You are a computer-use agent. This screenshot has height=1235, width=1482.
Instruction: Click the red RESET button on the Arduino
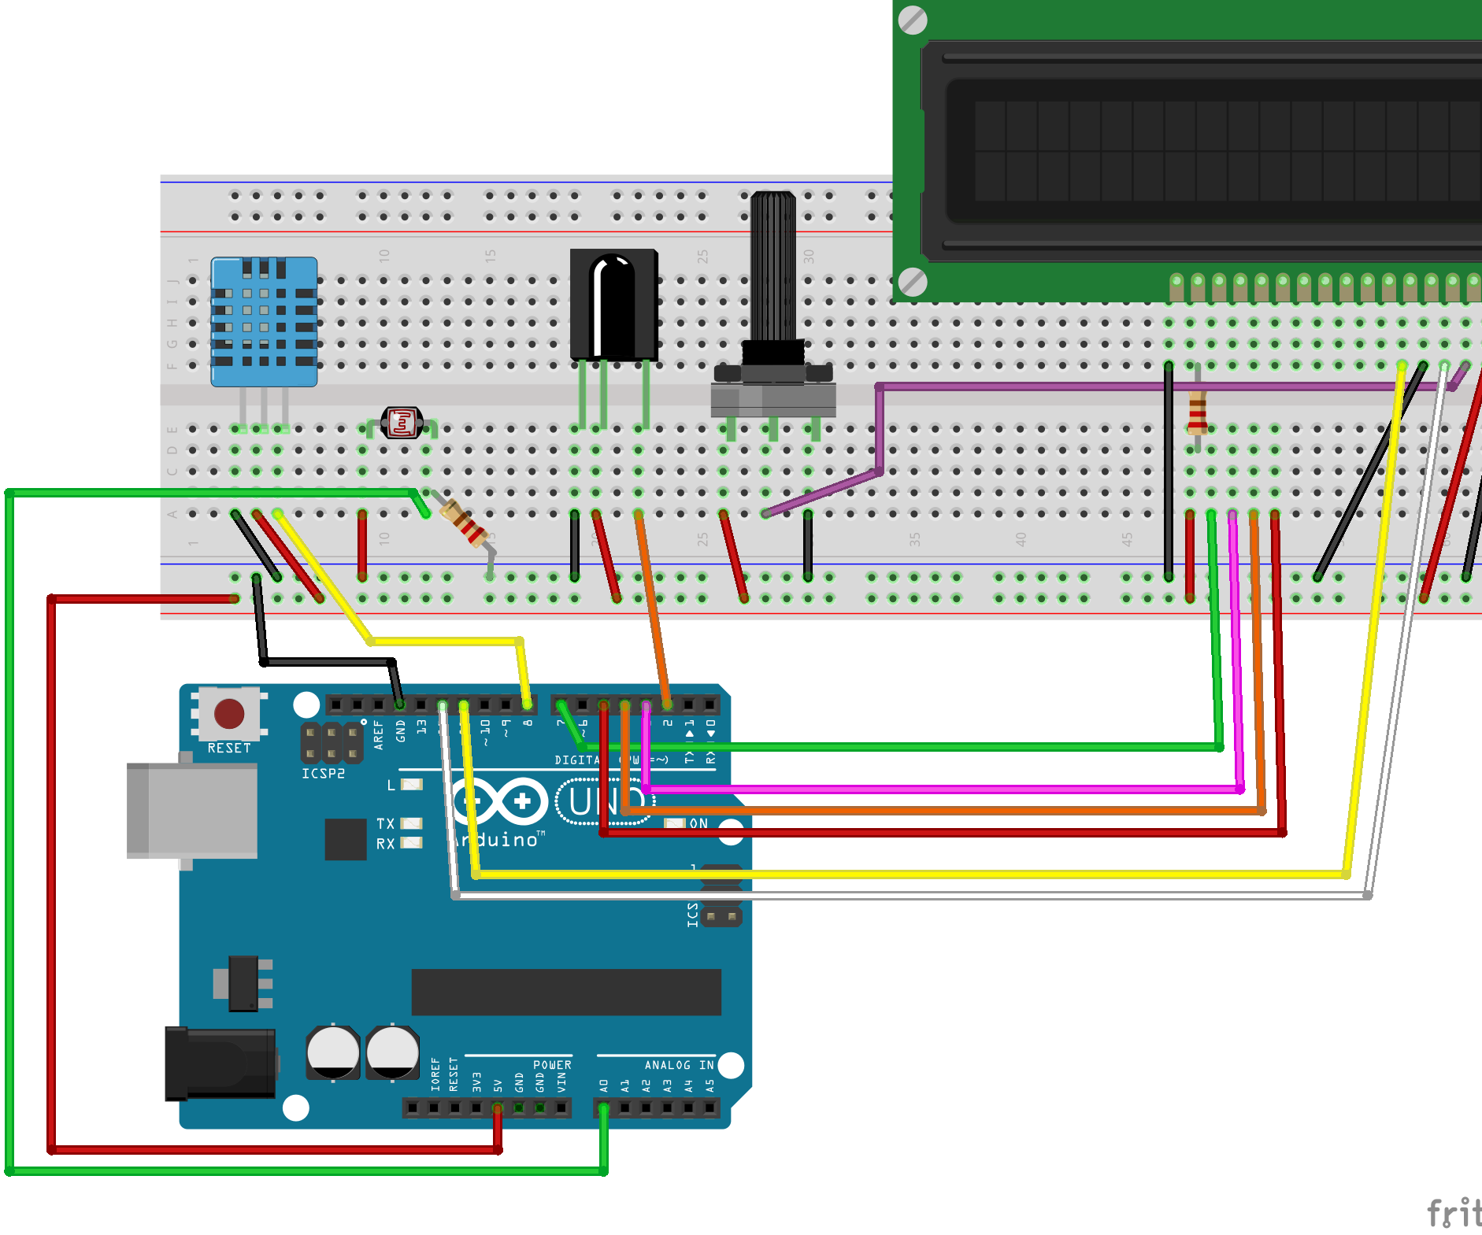(229, 714)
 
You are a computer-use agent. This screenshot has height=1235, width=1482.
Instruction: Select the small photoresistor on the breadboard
(402, 423)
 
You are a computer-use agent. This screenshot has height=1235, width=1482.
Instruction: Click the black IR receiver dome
(613, 303)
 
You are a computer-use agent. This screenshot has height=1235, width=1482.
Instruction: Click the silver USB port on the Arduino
(192, 810)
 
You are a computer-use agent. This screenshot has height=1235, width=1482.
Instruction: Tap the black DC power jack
(220, 1063)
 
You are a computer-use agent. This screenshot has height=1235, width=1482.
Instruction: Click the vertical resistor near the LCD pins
(1198, 412)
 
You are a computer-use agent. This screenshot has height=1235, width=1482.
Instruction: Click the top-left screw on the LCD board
(913, 20)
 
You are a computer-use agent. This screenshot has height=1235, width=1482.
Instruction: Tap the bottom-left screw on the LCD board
(913, 282)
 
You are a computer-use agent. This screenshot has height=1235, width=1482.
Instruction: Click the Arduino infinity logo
(499, 802)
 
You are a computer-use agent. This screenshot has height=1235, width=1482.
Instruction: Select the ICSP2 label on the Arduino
(323, 774)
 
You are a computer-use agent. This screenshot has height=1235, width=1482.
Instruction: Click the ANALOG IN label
(679, 1065)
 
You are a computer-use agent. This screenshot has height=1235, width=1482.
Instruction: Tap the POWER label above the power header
(552, 1065)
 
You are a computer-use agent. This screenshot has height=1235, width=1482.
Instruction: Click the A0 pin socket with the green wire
(603, 1108)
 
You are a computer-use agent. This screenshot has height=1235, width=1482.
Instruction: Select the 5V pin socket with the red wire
(498, 1108)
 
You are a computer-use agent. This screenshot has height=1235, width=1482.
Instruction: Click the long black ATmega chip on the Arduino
(565, 992)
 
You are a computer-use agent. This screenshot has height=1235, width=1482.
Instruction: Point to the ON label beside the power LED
(698, 823)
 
